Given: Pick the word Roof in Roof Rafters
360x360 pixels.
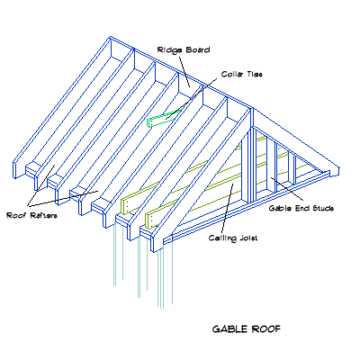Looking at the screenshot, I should tap(17, 216).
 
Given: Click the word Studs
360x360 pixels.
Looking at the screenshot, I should tap(320, 208).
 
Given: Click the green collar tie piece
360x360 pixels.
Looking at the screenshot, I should tap(162, 118).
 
